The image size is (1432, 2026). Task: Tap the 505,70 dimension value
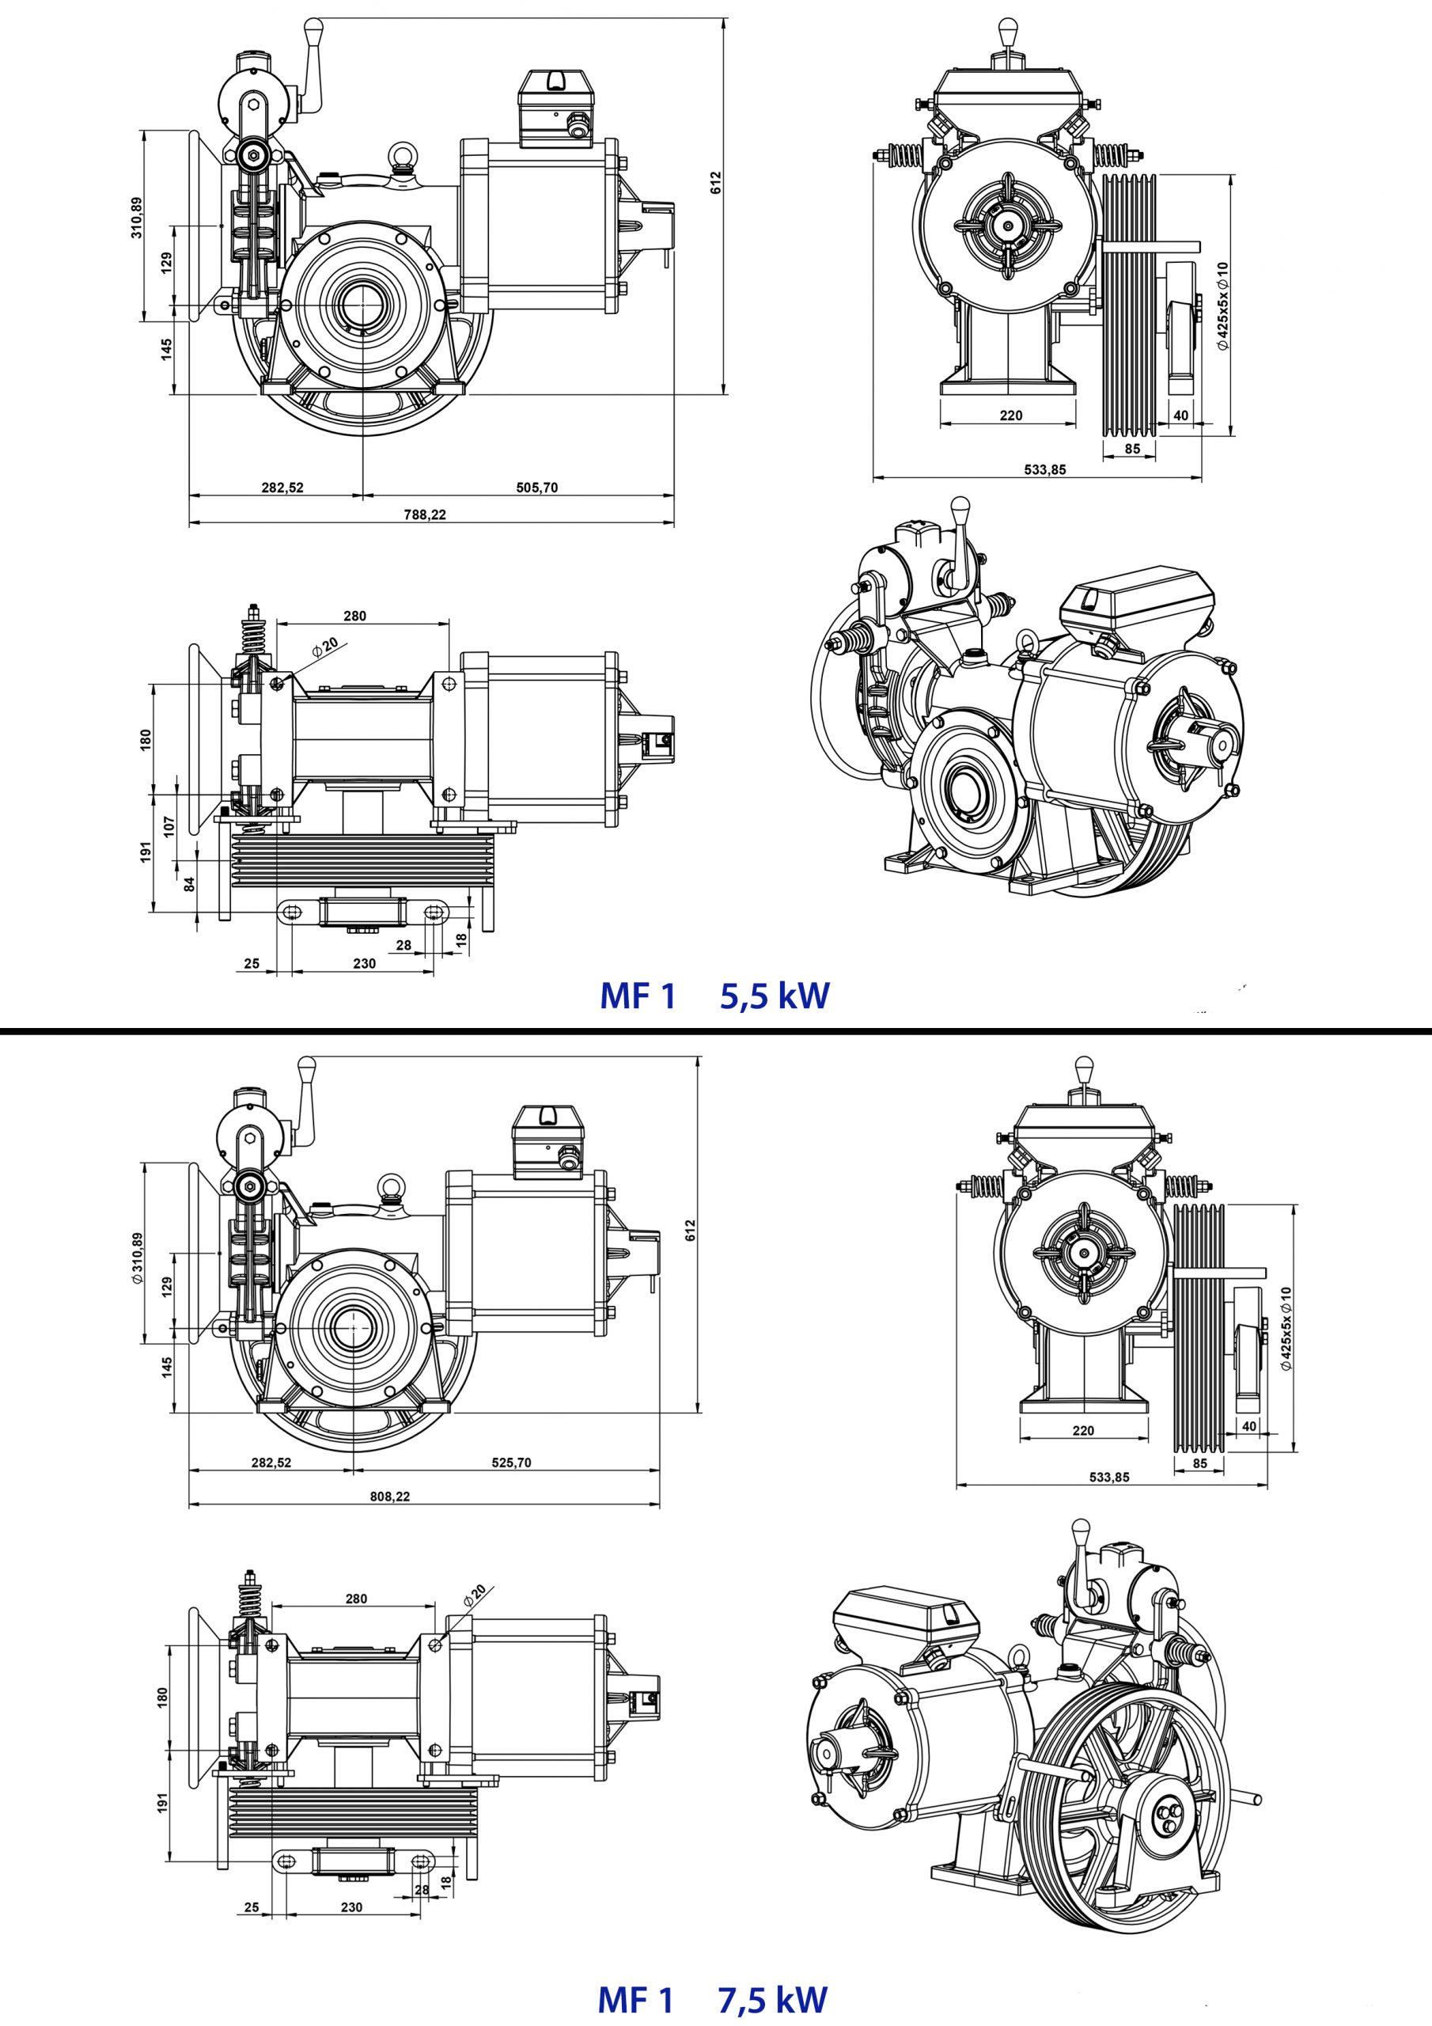pos(536,487)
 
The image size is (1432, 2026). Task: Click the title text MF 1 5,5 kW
pos(714,996)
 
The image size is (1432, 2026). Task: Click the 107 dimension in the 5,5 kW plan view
pos(169,826)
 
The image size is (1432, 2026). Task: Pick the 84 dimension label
pos(189,883)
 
